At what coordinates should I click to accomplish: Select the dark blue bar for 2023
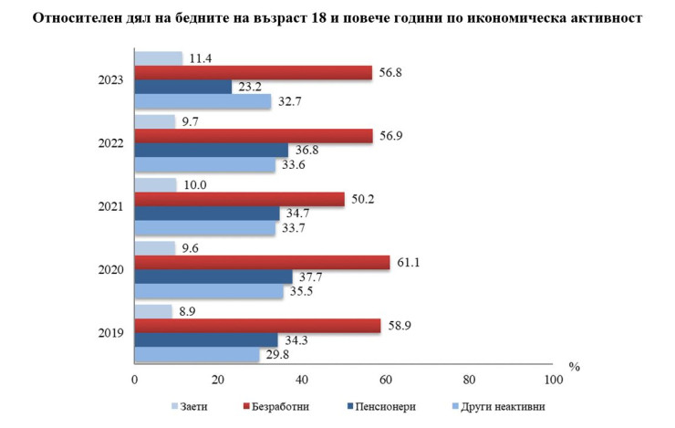coord(183,88)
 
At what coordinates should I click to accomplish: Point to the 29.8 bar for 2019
coord(197,354)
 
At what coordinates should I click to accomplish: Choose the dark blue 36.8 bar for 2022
coord(212,151)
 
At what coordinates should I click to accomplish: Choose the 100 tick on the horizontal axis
coord(552,379)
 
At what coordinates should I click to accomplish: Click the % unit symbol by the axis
coord(575,366)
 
